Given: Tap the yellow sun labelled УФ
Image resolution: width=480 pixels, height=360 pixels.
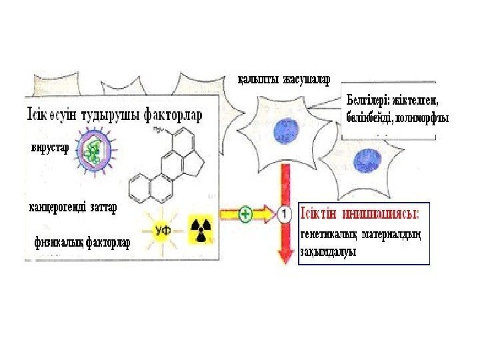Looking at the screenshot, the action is (x=164, y=230).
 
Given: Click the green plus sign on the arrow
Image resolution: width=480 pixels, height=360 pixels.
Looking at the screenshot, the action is (x=245, y=215).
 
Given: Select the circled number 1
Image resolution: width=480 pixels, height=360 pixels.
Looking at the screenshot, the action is (x=285, y=215).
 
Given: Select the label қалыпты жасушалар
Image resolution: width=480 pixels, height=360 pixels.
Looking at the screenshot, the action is (x=284, y=81).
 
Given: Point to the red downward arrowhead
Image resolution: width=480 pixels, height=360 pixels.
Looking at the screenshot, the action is (x=285, y=255).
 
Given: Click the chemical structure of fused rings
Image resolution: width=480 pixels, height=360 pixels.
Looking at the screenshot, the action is (x=168, y=167).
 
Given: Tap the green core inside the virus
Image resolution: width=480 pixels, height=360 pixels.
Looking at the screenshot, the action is (x=93, y=152).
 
